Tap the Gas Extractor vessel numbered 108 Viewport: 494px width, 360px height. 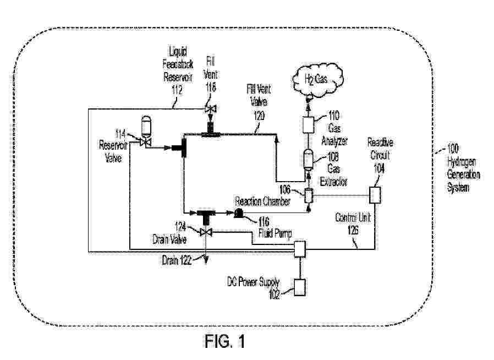309,160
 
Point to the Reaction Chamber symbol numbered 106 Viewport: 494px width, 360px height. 309,194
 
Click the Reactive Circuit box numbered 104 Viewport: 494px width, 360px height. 375,194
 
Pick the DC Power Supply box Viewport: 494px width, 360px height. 300,286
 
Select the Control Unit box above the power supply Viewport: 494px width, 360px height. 300,250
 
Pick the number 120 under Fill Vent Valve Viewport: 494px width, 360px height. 259,116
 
